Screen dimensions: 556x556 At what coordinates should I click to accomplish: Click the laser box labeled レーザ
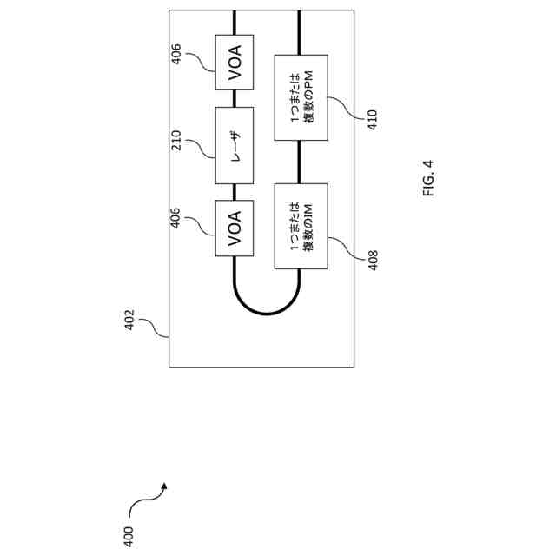pyautogui.click(x=235, y=145)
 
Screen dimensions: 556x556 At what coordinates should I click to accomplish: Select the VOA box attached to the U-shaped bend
pyautogui.click(x=235, y=228)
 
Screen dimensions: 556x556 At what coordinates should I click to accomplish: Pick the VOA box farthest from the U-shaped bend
pyautogui.click(x=235, y=63)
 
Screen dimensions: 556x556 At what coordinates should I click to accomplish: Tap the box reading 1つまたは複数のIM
pyautogui.click(x=301, y=227)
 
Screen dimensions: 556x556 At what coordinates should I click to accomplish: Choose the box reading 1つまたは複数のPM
pyautogui.click(x=301, y=98)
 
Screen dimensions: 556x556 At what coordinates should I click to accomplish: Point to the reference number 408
pyautogui.click(x=372, y=261)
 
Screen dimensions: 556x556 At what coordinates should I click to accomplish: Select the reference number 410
pyautogui.click(x=372, y=120)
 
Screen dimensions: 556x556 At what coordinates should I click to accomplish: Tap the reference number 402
pyautogui.click(x=129, y=319)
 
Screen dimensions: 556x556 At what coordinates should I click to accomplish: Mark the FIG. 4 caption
pyautogui.click(x=429, y=177)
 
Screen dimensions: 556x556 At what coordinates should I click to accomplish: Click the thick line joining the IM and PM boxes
pyautogui.click(x=301, y=162)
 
